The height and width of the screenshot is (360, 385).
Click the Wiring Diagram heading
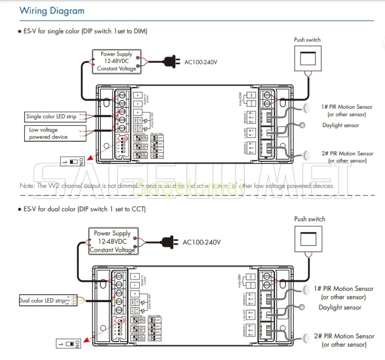52,10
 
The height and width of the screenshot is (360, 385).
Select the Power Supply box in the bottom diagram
112,241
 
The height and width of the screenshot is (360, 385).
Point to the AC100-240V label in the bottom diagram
201,242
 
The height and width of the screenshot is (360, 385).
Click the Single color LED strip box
51,117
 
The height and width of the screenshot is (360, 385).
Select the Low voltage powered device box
48,133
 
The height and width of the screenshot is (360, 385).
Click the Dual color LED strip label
42,300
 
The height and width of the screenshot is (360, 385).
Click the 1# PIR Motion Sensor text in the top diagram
347,107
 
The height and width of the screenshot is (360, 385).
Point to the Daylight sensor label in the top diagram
340,125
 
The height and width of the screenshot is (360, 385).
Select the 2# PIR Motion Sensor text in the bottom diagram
344,336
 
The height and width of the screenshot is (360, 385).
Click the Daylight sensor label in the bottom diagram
340,307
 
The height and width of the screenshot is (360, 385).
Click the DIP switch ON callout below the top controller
72,162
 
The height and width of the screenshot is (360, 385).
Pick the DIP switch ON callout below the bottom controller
68,344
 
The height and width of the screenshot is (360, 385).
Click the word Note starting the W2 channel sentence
27,186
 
